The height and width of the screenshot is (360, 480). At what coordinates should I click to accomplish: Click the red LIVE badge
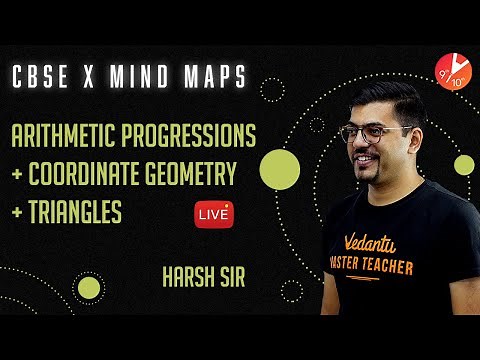click(220, 213)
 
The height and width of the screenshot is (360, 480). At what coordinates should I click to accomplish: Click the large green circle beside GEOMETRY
click(280, 170)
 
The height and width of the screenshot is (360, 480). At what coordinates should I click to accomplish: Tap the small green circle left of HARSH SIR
click(89, 289)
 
